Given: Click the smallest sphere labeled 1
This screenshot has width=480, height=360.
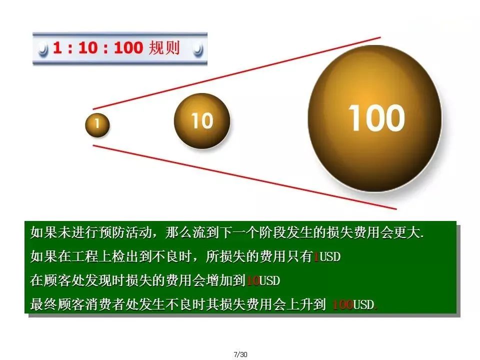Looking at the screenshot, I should [97, 125].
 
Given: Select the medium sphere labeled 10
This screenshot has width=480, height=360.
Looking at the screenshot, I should [201, 120].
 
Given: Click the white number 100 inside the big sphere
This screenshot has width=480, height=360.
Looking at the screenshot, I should [376, 118].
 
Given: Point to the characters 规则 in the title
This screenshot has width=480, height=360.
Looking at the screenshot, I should [164, 48].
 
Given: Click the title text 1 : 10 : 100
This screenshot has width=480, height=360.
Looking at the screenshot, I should [97, 48].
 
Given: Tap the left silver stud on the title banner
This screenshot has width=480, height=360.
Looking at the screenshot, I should [43, 49].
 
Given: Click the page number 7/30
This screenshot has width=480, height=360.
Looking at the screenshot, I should [240, 354].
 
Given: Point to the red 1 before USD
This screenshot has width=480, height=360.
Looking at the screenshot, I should [315, 257].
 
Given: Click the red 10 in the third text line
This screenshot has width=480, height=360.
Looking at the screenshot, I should [253, 281].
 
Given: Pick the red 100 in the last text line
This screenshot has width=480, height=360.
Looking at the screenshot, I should [342, 305].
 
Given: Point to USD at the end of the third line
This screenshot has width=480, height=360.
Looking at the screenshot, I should [270, 281].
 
